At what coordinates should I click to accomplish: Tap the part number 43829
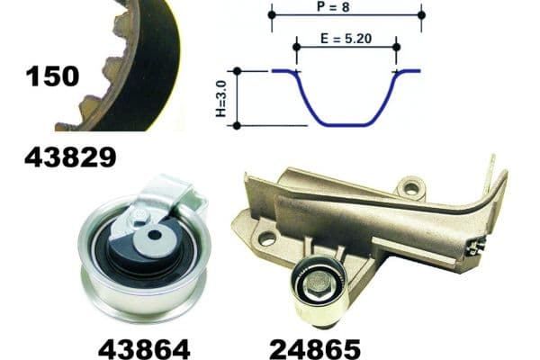(70, 158)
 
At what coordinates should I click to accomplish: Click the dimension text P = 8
(346, 6)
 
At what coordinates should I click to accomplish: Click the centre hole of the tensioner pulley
(154, 236)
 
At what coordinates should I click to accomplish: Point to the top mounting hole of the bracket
(411, 188)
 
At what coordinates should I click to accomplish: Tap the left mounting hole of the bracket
(266, 239)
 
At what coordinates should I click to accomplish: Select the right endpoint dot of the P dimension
(421, 15)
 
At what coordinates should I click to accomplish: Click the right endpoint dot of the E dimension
(396, 44)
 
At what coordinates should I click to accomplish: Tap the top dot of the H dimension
(237, 70)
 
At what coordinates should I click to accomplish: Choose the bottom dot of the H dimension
(237, 125)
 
